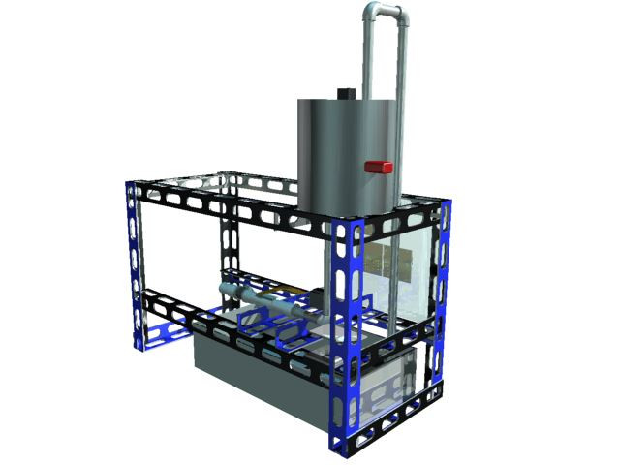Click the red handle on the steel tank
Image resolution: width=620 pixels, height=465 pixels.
(378, 168)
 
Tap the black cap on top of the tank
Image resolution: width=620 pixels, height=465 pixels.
(345, 94)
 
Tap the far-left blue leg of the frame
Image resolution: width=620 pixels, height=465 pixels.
(136, 262)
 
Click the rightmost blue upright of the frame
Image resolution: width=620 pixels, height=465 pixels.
(444, 291)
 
